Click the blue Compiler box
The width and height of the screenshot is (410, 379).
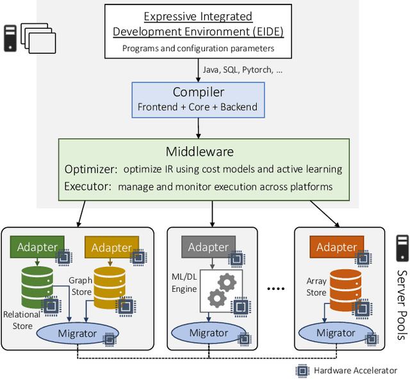(x=198, y=99)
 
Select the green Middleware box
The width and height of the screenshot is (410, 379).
(x=204, y=169)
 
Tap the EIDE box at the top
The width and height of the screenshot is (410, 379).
(x=198, y=31)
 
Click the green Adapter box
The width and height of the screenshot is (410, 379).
(x=37, y=247)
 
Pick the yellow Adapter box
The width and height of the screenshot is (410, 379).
(x=111, y=248)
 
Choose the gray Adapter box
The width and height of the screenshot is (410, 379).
(x=208, y=247)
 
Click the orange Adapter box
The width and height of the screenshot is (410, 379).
(x=336, y=247)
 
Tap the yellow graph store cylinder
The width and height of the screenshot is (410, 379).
(x=111, y=286)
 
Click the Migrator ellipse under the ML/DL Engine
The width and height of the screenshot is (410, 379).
(x=208, y=333)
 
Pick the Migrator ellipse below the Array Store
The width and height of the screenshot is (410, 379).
(x=336, y=333)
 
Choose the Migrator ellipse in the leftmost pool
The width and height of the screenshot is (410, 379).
(x=77, y=333)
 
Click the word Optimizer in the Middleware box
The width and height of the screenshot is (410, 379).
(x=90, y=169)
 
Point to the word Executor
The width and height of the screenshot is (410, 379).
(x=88, y=187)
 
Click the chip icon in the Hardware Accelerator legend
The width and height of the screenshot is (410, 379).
(x=301, y=370)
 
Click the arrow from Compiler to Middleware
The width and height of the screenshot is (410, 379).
(x=198, y=128)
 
